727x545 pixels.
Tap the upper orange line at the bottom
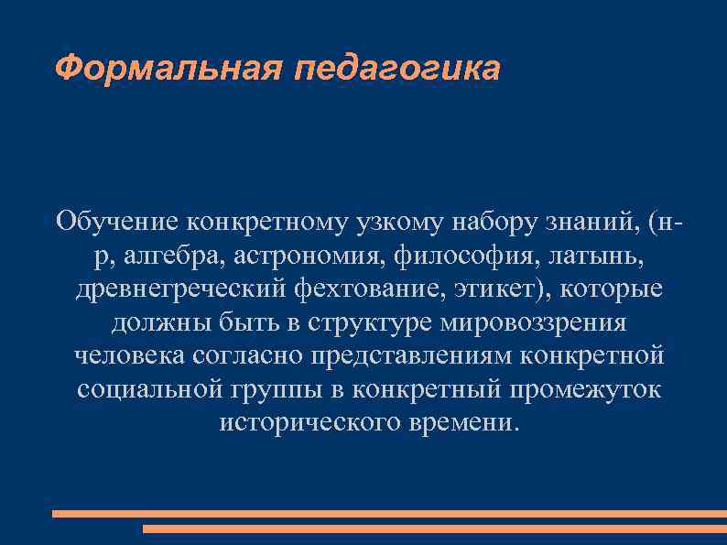pos(389,514)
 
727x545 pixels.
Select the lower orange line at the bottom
pos(435,529)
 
